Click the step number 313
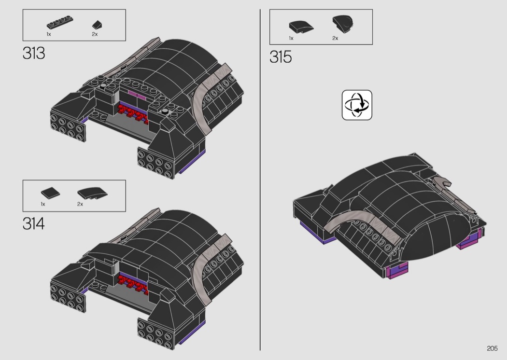[34, 53]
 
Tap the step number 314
[34, 223]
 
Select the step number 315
[281, 57]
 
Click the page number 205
[492, 348]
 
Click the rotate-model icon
[357, 105]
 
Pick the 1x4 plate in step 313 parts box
[60, 22]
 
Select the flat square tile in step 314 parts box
[50, 193]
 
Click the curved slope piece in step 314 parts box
[93, 193]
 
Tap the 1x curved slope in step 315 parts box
[301, 27]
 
